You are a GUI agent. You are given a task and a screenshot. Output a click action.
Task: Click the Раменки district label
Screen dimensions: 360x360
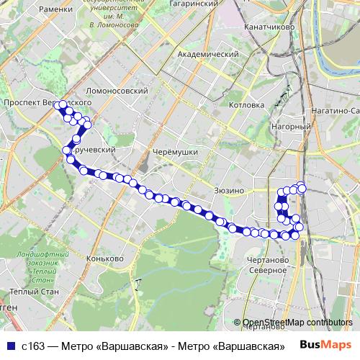coord(58,9)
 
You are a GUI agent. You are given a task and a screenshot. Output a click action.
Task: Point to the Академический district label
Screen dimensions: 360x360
coord(207,55)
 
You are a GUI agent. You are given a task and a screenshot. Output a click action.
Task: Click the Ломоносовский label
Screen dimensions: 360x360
coord(117,91)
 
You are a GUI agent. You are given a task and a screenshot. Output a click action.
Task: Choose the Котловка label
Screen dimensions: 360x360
coord(246,104)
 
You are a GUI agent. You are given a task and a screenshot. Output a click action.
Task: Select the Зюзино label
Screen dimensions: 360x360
coord(230,190)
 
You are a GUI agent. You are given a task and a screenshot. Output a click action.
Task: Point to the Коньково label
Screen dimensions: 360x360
coord(105,258)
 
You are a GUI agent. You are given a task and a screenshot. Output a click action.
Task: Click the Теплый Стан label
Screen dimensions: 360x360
coord(26,292)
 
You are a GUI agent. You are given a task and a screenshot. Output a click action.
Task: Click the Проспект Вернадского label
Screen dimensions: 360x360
coord(37,103)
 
